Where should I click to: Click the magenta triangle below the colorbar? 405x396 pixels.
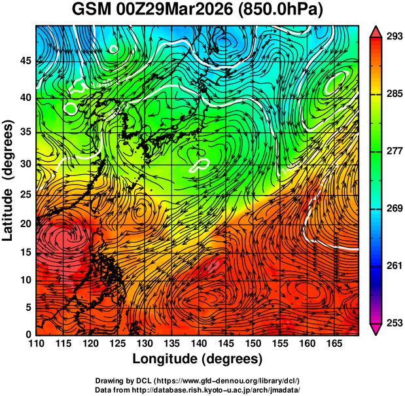pyautogui.click(x=376, y=329)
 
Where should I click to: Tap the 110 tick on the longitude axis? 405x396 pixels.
pyautogui.click(x=36, y=343)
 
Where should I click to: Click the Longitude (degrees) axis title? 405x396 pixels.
pyautogui.click(x=198, y=359)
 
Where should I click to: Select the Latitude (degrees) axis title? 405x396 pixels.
pyautogui.click(x=9, y=179)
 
